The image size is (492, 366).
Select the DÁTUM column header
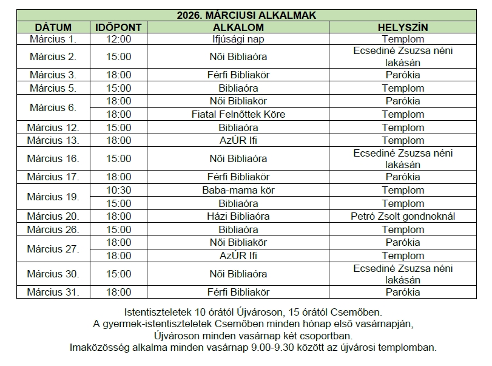pyautogui.click(x=53, y=27)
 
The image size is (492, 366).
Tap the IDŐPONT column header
pyautogui.click(x=118, y=27)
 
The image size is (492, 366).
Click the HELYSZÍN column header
pyautogui.click(x=403, y=27)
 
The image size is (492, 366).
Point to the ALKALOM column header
pyautogui.click(x=238, y=27)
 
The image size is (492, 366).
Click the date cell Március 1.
pyautogui.click(x=53, y=39)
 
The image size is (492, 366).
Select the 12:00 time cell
pyautogui.click(x=118, y=39)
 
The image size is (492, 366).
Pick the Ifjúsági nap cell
pyautogui.click(x=238, y=39)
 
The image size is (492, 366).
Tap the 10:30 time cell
pyautogui.click(x=118, y=191)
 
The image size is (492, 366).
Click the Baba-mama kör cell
pyautogui.click(x=238, y=191)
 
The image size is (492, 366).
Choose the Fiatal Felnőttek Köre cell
pyautogui.click(x=238, y=114)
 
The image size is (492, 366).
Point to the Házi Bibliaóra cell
pyautogui.click(x=238, y=216)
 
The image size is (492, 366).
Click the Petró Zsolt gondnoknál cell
pyautogui.click(x=403, y=216)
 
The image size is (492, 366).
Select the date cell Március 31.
pyautogui.click(x=53, y=292)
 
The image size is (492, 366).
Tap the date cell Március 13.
pyautogui.click(x=53, y=140)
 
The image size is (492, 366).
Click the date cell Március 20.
pyautogui.click(x=53, y=216)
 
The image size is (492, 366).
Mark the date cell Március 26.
pyautogui.click(x=53, y=229)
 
